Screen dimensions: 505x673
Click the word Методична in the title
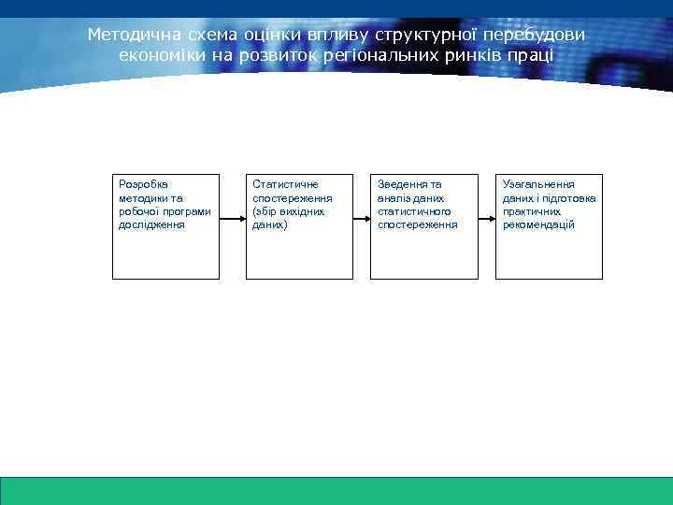[x=127, y=35]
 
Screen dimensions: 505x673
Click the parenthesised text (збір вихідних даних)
[x=288, y=218]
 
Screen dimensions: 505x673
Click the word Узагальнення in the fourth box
[x=538, y=185]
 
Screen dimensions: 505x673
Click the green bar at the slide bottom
[x=336, y=490]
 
